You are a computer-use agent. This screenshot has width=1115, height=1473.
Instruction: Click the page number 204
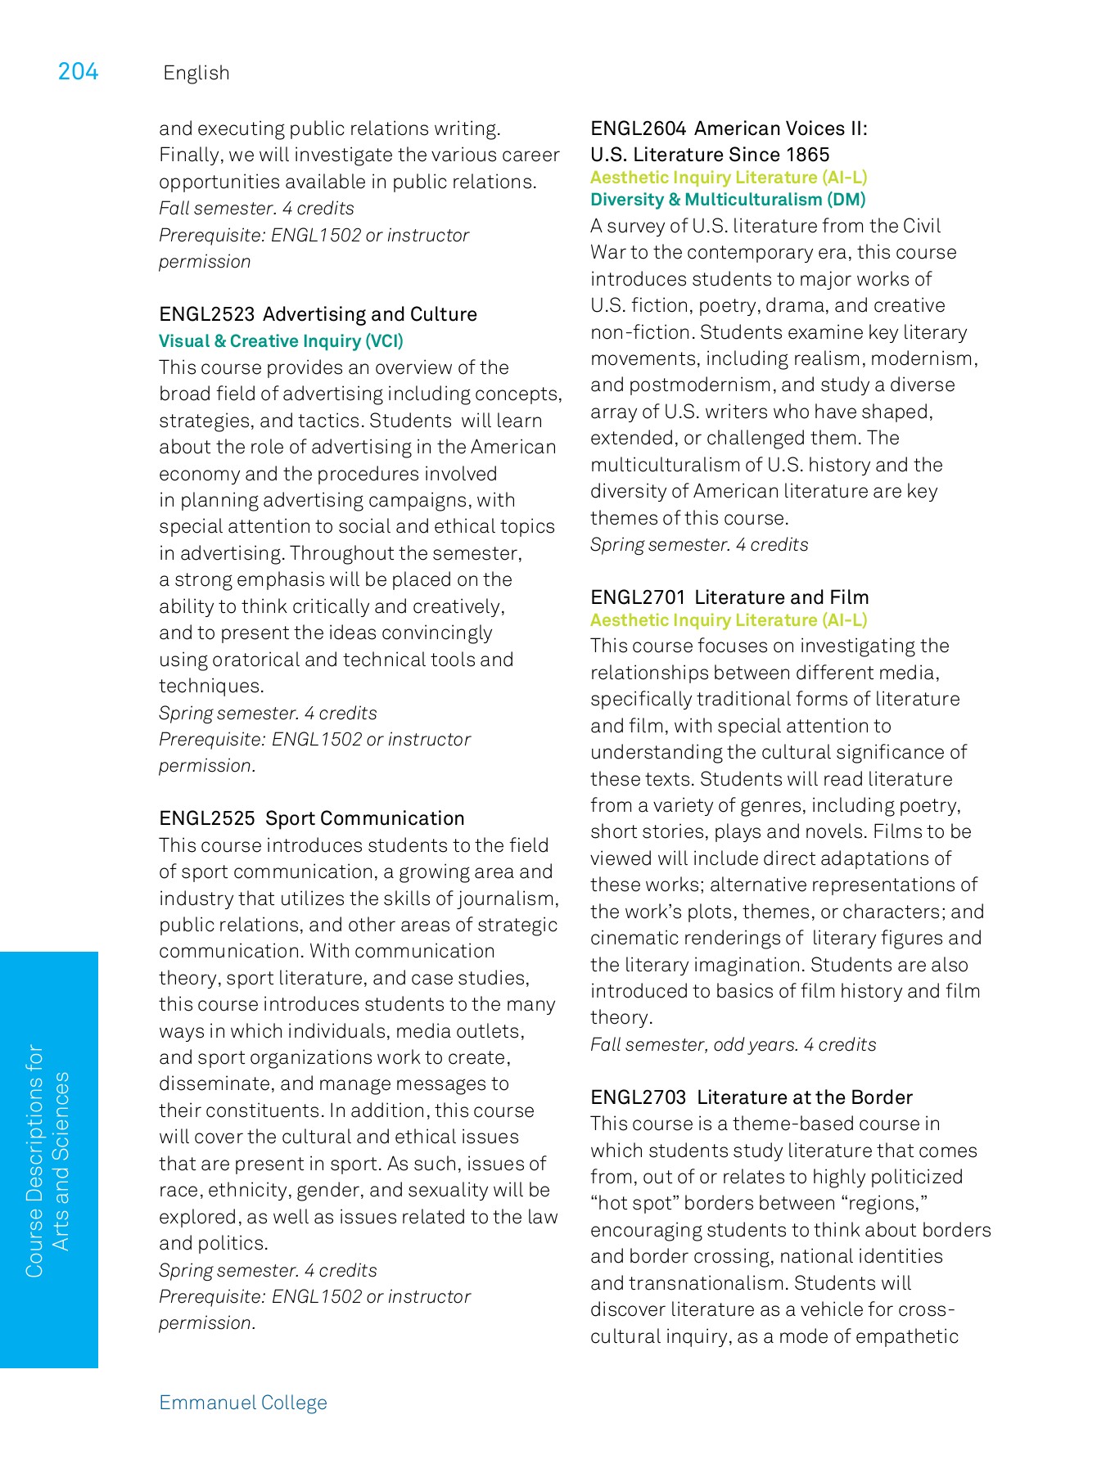(x=78, y=72)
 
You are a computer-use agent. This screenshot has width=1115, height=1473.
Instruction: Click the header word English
(x=196, y=73)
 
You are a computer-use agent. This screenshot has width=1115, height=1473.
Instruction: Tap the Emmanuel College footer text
(x=242, y=1402)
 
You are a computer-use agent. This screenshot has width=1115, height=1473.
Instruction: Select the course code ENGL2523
(x=206, y=314)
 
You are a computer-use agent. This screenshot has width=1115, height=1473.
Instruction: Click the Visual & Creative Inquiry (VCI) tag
(x=281, y=340)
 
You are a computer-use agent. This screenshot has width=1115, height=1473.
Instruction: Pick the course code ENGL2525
(x=206, y=818)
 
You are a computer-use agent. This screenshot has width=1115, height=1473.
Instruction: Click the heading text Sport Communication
(x=365, y=818)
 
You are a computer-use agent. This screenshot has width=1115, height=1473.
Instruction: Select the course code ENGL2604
(x=638, y=128)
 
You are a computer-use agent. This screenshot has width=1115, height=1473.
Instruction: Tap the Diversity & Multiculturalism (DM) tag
(x=727, y=200)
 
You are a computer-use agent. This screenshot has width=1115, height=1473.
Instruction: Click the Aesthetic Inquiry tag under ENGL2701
(x=728, y=620)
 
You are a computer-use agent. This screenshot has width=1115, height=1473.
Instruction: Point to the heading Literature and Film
(x=781, y=597)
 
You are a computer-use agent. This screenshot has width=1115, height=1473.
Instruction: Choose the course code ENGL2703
(x=638, y=1097)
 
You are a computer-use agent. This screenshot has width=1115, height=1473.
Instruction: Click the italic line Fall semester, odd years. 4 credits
(x=733, y=1044)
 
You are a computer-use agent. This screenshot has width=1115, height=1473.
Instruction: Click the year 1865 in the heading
(x=807, y=155)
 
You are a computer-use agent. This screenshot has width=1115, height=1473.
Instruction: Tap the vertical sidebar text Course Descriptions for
(x=34, y=1160)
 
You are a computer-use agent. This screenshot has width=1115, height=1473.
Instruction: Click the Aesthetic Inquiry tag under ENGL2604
(x=728, y=178)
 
